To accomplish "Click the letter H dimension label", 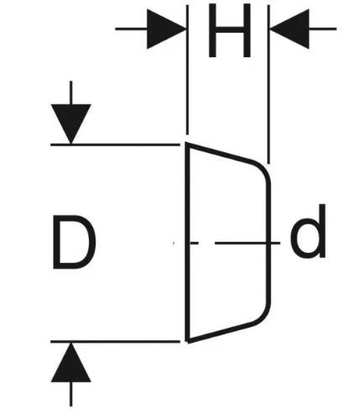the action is click(x=229, y=30).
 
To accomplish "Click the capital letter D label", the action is click(x=75, y=242).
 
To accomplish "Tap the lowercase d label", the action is click(x=308, y=231).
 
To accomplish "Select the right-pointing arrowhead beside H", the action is click(x=166, y=29).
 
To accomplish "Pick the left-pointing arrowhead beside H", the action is click(x=290, y=29).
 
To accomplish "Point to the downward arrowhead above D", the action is click(x=70, y=124).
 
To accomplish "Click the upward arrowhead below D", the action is click(x=70, y=362).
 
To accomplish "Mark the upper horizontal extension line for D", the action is click(x=115, y=144).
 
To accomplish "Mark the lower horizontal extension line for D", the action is click(x=115, y=341).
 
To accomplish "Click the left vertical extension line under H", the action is click(x=187, y=70).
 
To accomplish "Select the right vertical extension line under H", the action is click(x=269, y=84).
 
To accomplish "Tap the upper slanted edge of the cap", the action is click(x=220, y=153).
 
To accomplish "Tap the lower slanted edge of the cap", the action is click(x=220, y=333).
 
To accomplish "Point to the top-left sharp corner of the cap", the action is click(x=187, y=144).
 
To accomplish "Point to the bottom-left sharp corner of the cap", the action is click(x=188, y=342).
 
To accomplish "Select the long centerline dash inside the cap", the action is click(x=248, y=243).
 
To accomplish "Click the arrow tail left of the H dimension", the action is click(x=131, y=29).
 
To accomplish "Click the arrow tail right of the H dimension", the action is click(x=322, y=29).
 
